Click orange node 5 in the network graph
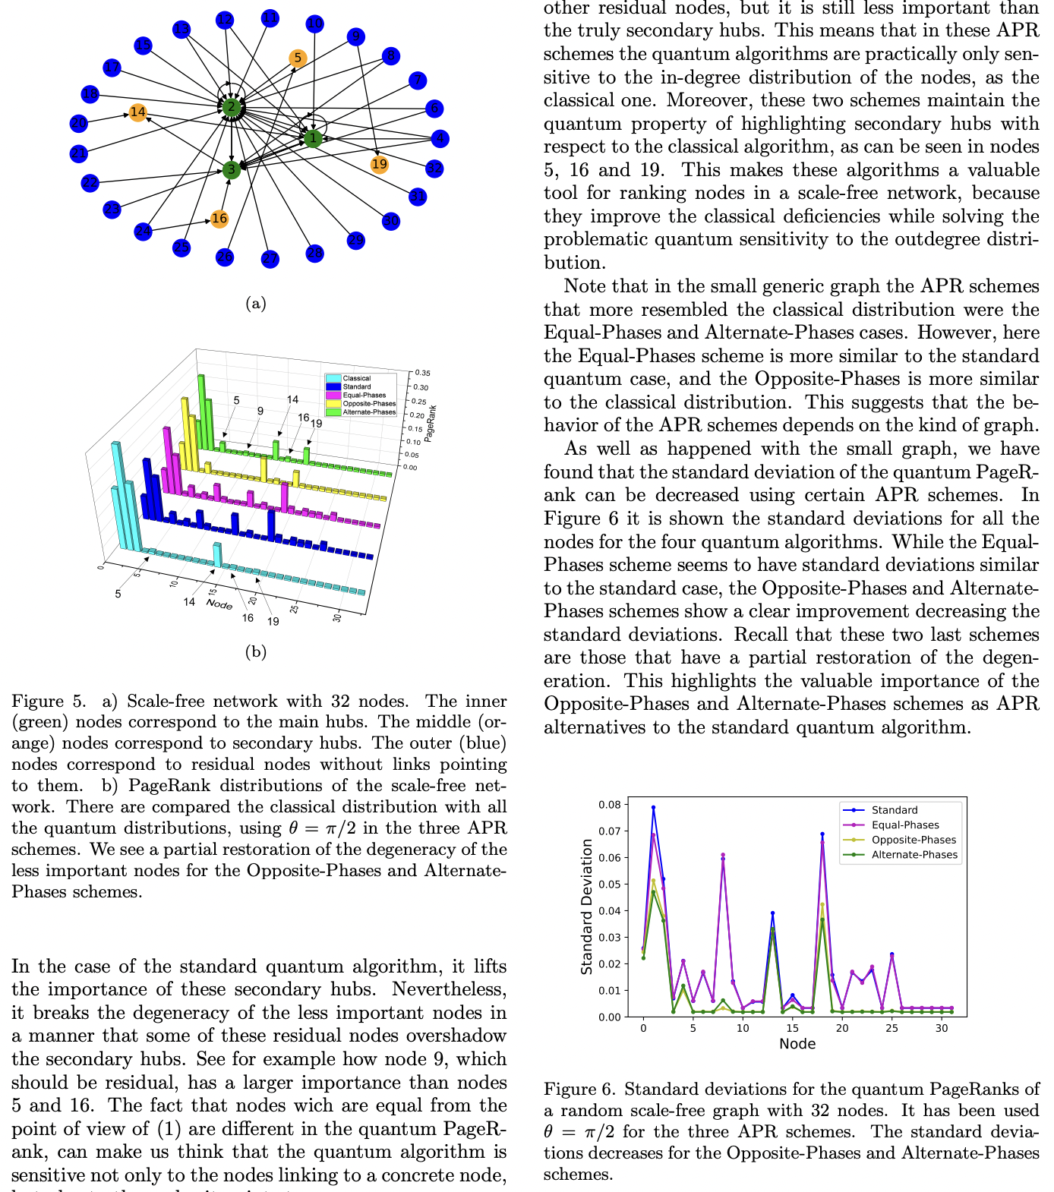(298, 58)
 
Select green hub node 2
(232, 107)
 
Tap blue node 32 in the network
(434, 169)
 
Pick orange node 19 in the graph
(379, 164)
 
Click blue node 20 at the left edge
(79, 123)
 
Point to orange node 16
(219, 219)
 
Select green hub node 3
(232, 170)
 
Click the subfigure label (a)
(256, 304)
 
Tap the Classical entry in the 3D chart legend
(356, 378)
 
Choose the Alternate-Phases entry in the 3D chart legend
(368, 412)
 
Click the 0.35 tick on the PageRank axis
(423, 374)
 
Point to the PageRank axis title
(431, 424)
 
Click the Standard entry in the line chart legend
(894, 810)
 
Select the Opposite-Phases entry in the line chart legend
(913, 840)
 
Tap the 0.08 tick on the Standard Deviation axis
(609, 805)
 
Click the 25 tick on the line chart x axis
(891, 1028)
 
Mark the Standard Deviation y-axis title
(587, 907)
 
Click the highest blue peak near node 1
(653, 808)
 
